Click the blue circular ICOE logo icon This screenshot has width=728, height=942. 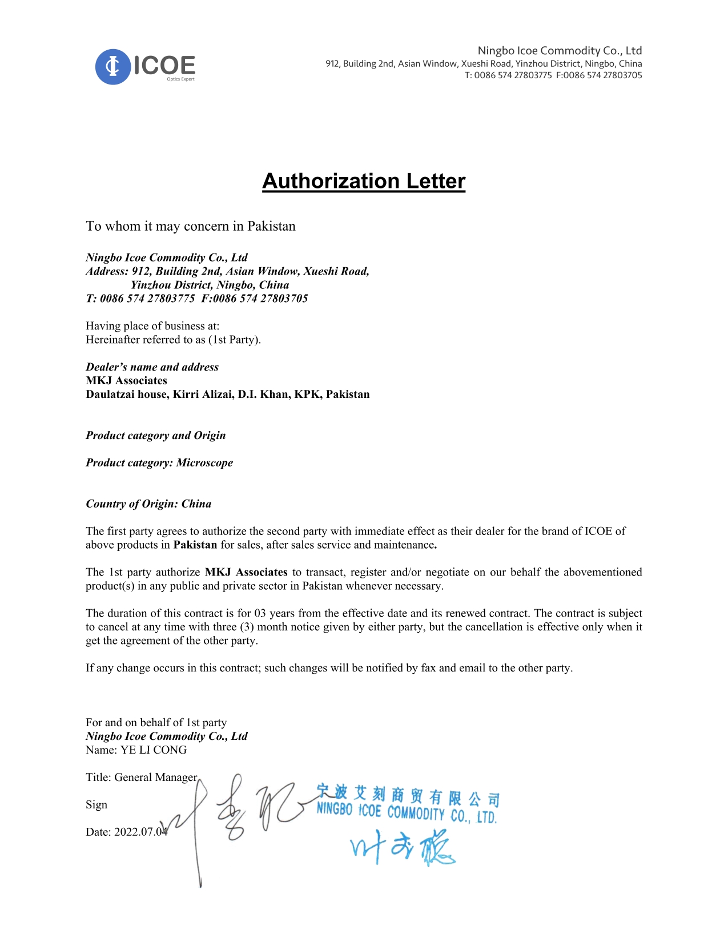point(113,67)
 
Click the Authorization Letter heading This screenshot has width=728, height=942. point(364,181)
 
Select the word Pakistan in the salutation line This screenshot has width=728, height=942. point(271,226)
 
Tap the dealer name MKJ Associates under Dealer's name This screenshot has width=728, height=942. point(126,381)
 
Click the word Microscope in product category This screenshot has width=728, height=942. point(204,463)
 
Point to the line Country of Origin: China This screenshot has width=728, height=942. point(148,504)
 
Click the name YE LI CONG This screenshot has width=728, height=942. point(153,750)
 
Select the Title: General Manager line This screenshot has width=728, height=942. point(141,778)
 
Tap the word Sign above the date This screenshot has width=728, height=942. point(96,805)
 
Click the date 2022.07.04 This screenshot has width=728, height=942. point(140,832)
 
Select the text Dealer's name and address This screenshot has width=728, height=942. point(152,367)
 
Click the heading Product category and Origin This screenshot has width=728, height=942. point(155,436)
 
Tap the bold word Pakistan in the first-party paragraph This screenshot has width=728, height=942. point(195,545)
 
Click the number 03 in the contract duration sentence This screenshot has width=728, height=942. point(260,614)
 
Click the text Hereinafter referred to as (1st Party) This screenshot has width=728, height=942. point(173,340)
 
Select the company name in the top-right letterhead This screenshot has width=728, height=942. point(560,51)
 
